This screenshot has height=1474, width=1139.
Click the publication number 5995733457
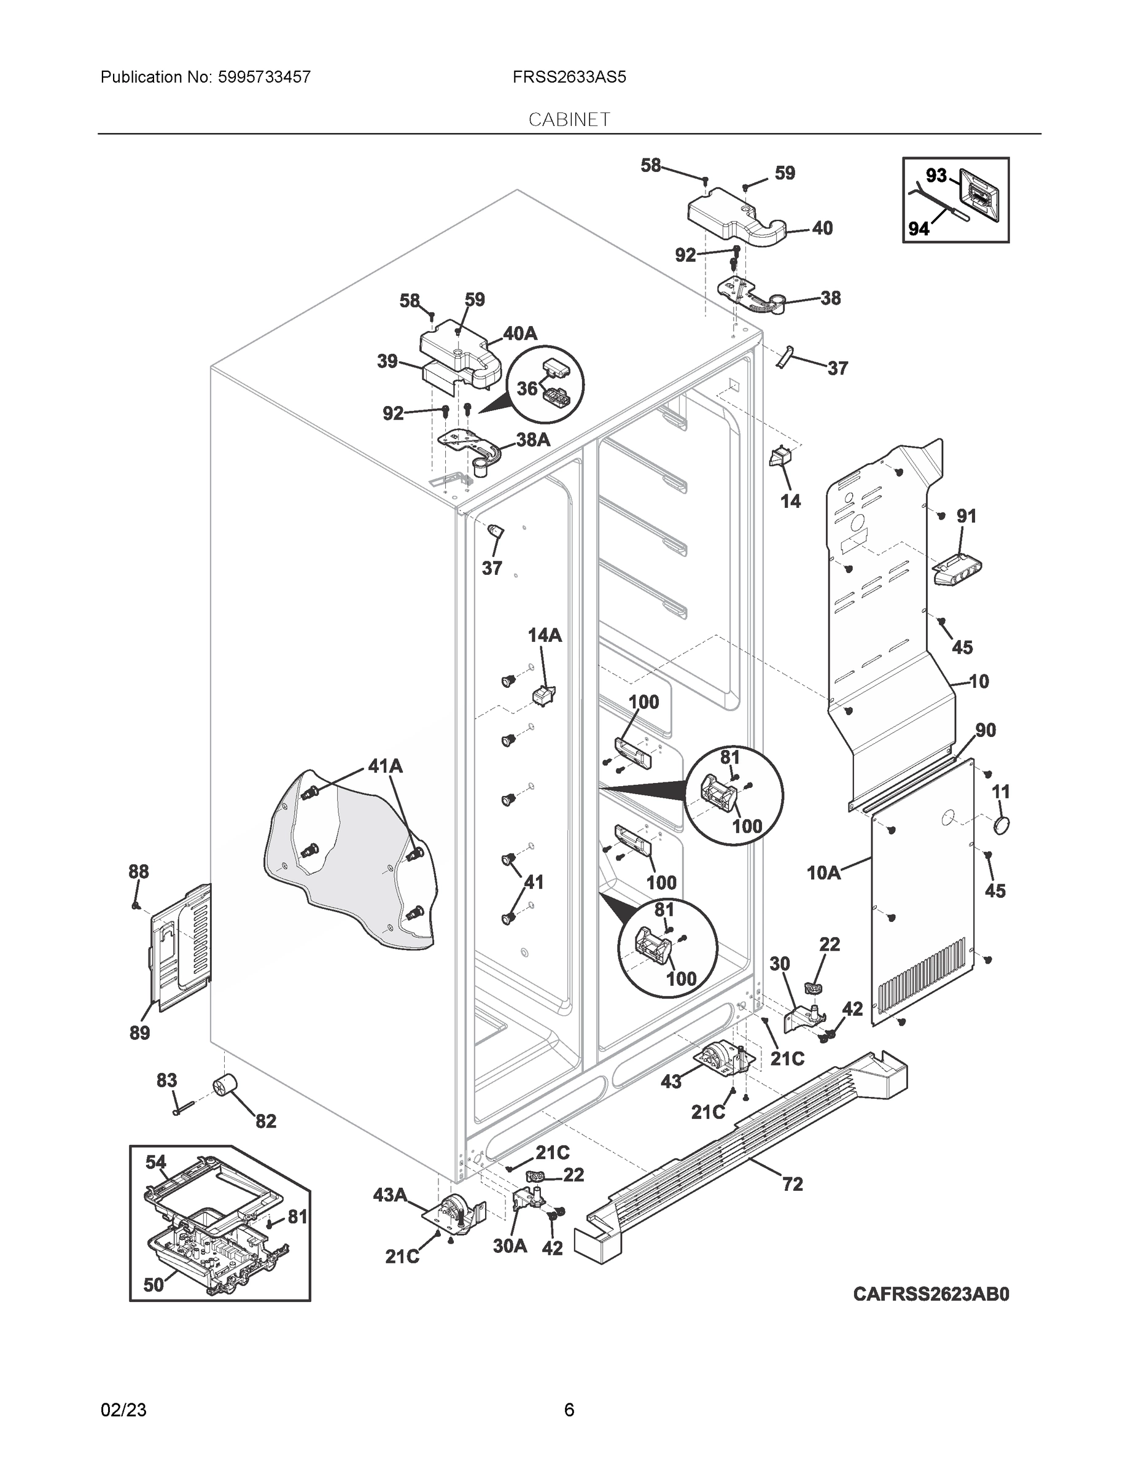[265, 77]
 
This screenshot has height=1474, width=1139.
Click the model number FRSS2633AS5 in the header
[569, 77]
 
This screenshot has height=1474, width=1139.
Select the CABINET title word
[569, 120]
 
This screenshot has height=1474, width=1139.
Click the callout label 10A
[823, 873]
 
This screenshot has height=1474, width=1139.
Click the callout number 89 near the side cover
[139, 1032]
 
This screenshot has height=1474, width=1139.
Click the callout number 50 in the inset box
[154, 1284]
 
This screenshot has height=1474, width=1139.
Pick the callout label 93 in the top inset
[936, 176]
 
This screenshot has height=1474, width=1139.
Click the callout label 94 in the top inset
[919, 230]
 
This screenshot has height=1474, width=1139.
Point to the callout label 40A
[519, 333]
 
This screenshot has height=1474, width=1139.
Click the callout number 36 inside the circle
[527, 388]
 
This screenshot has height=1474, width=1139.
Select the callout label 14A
[545, 635]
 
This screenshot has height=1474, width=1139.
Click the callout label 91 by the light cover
[966, 517]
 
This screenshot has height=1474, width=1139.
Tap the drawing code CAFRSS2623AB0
[931, 1294]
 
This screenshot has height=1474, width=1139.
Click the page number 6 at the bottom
[569, 1410]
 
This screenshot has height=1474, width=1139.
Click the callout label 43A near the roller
[389, 1195]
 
